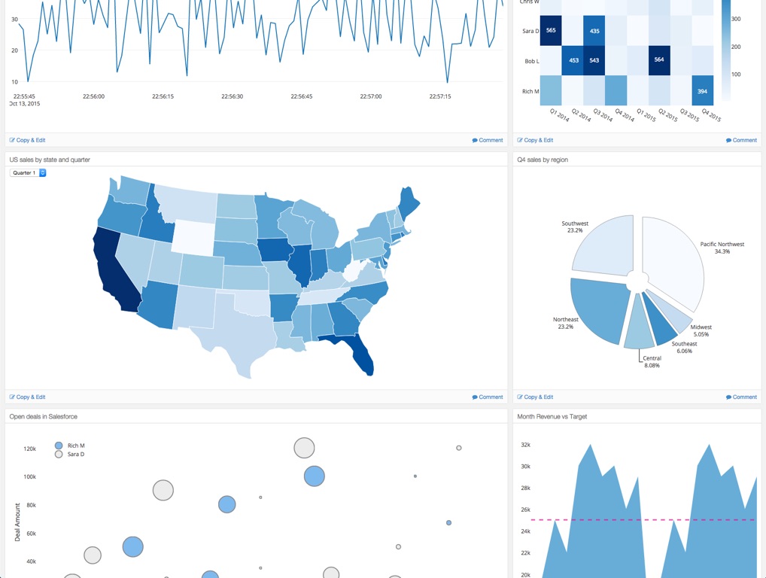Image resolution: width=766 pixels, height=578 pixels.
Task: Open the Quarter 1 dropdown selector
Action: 28,173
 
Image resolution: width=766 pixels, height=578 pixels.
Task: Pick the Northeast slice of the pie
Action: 598,309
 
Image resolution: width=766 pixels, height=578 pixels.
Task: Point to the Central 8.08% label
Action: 652,362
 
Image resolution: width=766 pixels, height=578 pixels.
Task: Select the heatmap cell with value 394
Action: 702,91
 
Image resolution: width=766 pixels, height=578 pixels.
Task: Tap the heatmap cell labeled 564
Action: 659,60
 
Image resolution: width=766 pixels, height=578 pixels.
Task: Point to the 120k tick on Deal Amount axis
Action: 29,449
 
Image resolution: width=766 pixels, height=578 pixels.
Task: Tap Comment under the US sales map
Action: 487,397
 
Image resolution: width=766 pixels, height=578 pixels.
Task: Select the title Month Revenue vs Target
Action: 552,416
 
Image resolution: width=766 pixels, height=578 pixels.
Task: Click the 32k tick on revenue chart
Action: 525,445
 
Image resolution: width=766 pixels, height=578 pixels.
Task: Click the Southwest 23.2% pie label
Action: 575,227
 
